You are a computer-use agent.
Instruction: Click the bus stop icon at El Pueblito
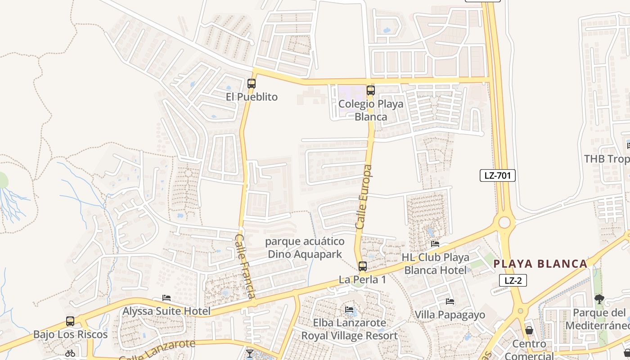(x=252, y=83)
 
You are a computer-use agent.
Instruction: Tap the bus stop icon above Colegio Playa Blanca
(x=371, y=90)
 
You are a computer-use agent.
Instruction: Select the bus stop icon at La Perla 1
(x=363, y=266)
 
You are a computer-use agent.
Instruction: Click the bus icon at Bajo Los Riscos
(x=70, y=321)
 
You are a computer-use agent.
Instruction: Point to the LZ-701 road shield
(x=497, y=175)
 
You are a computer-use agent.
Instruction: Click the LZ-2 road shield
(x=513, y=281)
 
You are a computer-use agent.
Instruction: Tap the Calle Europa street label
(x=364, y=197)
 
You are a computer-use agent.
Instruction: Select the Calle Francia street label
(x=246, y=266)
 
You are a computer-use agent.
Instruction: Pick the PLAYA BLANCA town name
(x=540, y=264)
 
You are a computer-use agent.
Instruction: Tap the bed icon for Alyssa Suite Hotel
(x=166, y=298)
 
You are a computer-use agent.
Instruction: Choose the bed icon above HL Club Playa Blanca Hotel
(x=435, y=244)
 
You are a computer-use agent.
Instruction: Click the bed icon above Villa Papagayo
(x=450, y=301)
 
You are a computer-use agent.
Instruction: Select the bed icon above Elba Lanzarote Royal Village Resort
(x=349, y=309)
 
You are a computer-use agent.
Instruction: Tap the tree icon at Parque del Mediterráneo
(x=599, y=299)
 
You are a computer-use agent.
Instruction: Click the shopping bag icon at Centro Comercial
(x=529, y=330)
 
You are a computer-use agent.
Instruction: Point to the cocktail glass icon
(x=250, y=353)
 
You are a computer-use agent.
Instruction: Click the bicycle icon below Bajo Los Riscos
(x=70, y=353)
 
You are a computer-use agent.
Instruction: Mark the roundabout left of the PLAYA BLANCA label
(x=504, y=222)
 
